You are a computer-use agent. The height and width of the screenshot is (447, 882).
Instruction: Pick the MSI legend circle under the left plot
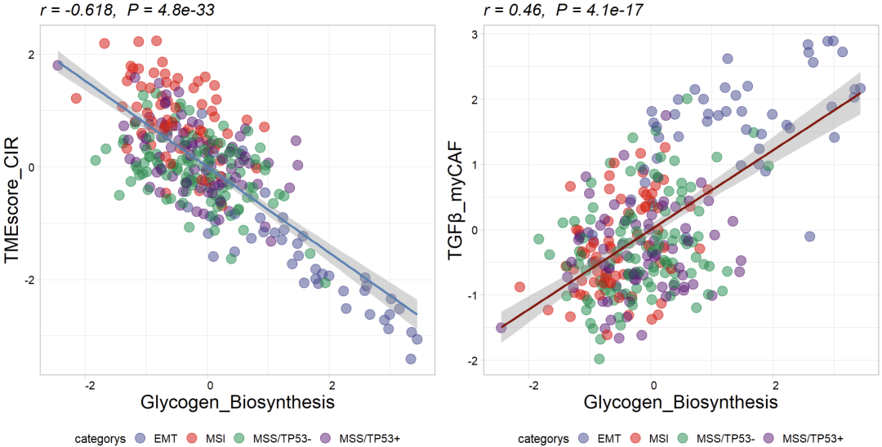(196, 439)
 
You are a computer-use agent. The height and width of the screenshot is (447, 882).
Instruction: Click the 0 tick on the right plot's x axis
(653, 385)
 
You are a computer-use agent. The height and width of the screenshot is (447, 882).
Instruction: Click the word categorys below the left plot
(97, 439)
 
